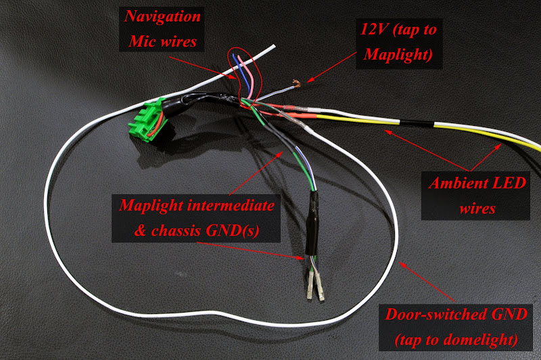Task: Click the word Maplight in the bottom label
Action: click(152, 204)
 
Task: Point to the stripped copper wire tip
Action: click(295, 85)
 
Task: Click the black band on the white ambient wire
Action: click(419, 125)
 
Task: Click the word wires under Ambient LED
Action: click(476, 207)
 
